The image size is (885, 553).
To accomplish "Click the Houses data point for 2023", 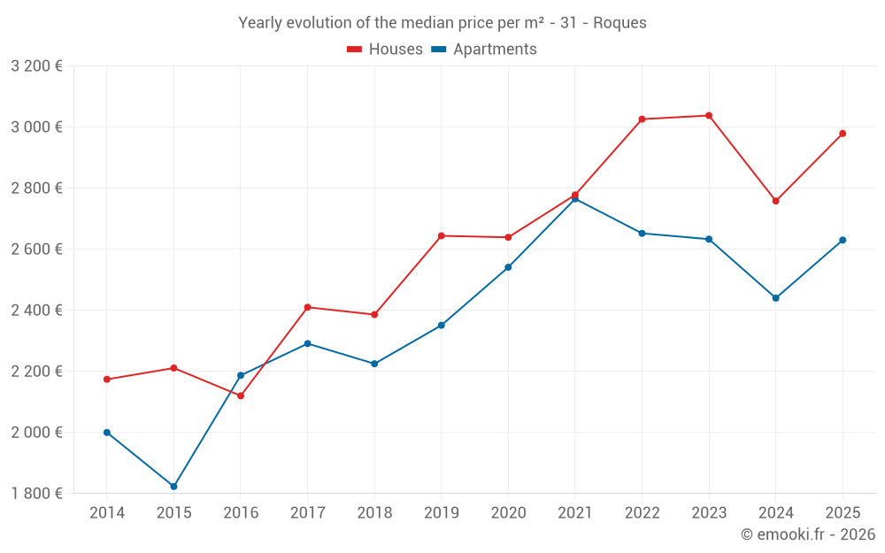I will [709, 115].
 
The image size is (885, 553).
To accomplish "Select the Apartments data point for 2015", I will [173, 487].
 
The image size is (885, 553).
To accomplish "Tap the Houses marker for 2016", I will [241, 396].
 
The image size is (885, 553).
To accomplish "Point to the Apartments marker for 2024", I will [776, 298].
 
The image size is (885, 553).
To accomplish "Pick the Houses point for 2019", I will [442, 235].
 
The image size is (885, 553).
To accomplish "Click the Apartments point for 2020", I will [508, 267].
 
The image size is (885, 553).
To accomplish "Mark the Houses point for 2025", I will [843, 134].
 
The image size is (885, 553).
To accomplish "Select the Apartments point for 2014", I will [107, 433].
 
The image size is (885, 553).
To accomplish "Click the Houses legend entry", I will [385, 50].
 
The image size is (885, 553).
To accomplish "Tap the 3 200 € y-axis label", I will [36, 66].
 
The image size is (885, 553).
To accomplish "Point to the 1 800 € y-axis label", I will [36, 494].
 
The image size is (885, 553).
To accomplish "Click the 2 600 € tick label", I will [36, 250].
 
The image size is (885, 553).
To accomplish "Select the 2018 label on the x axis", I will [374, 512].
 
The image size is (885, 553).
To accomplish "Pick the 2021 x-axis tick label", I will [575, 512].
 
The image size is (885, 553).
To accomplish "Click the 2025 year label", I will [843, 512].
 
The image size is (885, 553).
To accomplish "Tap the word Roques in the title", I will [619, 23].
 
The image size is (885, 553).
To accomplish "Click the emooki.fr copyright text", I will [808, 534].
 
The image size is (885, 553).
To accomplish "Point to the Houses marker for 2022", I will [642, 119].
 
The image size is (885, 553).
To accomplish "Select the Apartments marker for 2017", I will [307, 343].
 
